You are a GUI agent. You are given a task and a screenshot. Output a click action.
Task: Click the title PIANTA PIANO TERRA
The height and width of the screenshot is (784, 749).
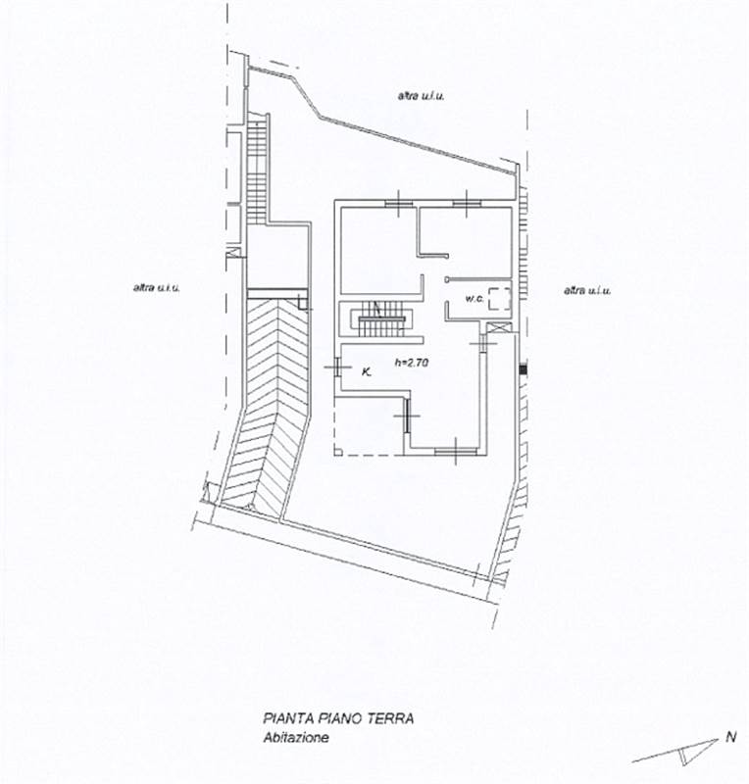[x=337, y=718]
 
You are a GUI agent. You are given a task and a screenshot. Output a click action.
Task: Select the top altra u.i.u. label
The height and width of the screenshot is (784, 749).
[x=422, y=96]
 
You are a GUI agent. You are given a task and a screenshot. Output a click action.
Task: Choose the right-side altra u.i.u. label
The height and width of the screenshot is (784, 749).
[x=587, y=290]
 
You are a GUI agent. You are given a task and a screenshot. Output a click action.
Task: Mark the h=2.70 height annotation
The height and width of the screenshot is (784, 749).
[x=412, y=362]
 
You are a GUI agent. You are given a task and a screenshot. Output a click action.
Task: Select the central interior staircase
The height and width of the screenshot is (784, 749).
[x=377, y=319]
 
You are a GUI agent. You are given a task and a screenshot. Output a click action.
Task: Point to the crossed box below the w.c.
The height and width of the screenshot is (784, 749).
[x=499, y=329]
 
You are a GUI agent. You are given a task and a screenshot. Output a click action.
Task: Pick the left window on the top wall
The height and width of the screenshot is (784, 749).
[x=399, y=203]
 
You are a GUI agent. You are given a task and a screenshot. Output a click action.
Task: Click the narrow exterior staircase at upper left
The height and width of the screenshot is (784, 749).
[x=259, y=167]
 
